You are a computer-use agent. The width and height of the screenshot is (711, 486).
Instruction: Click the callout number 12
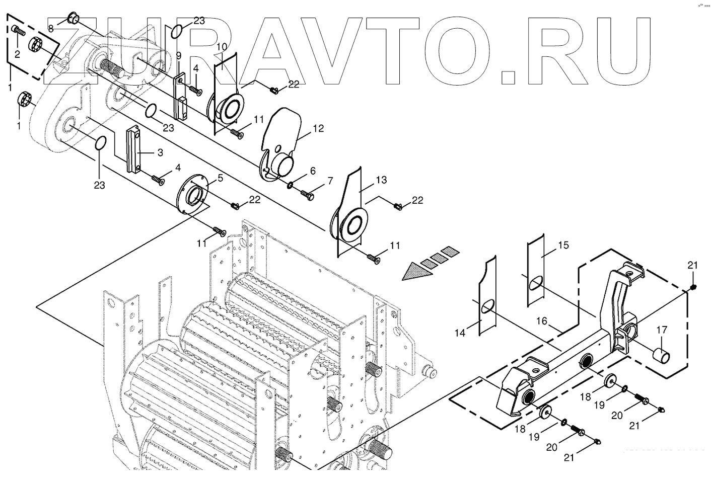click(318, 128)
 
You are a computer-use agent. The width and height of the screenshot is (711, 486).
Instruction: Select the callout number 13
click(381, 180)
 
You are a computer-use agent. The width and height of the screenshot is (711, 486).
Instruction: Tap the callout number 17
click(662, 330)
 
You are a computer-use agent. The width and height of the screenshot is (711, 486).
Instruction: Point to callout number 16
click(541, 320)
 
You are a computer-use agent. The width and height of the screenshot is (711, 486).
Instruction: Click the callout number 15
click(563, 245)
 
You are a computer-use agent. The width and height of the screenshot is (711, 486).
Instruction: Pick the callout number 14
click(460, 332)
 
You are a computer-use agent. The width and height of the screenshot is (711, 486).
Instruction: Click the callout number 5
click(220, 178)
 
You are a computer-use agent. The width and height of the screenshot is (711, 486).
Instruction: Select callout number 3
click(160, 152)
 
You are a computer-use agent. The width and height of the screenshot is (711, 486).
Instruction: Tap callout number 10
click(222, 47)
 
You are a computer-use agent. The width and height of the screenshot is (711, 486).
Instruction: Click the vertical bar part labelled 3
click(134, 149)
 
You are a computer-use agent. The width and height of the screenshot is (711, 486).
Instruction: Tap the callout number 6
click(313, 171)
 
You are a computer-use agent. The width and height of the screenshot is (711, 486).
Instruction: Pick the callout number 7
click(330, 181)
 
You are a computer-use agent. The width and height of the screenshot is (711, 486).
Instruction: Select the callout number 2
click(17, 54)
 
